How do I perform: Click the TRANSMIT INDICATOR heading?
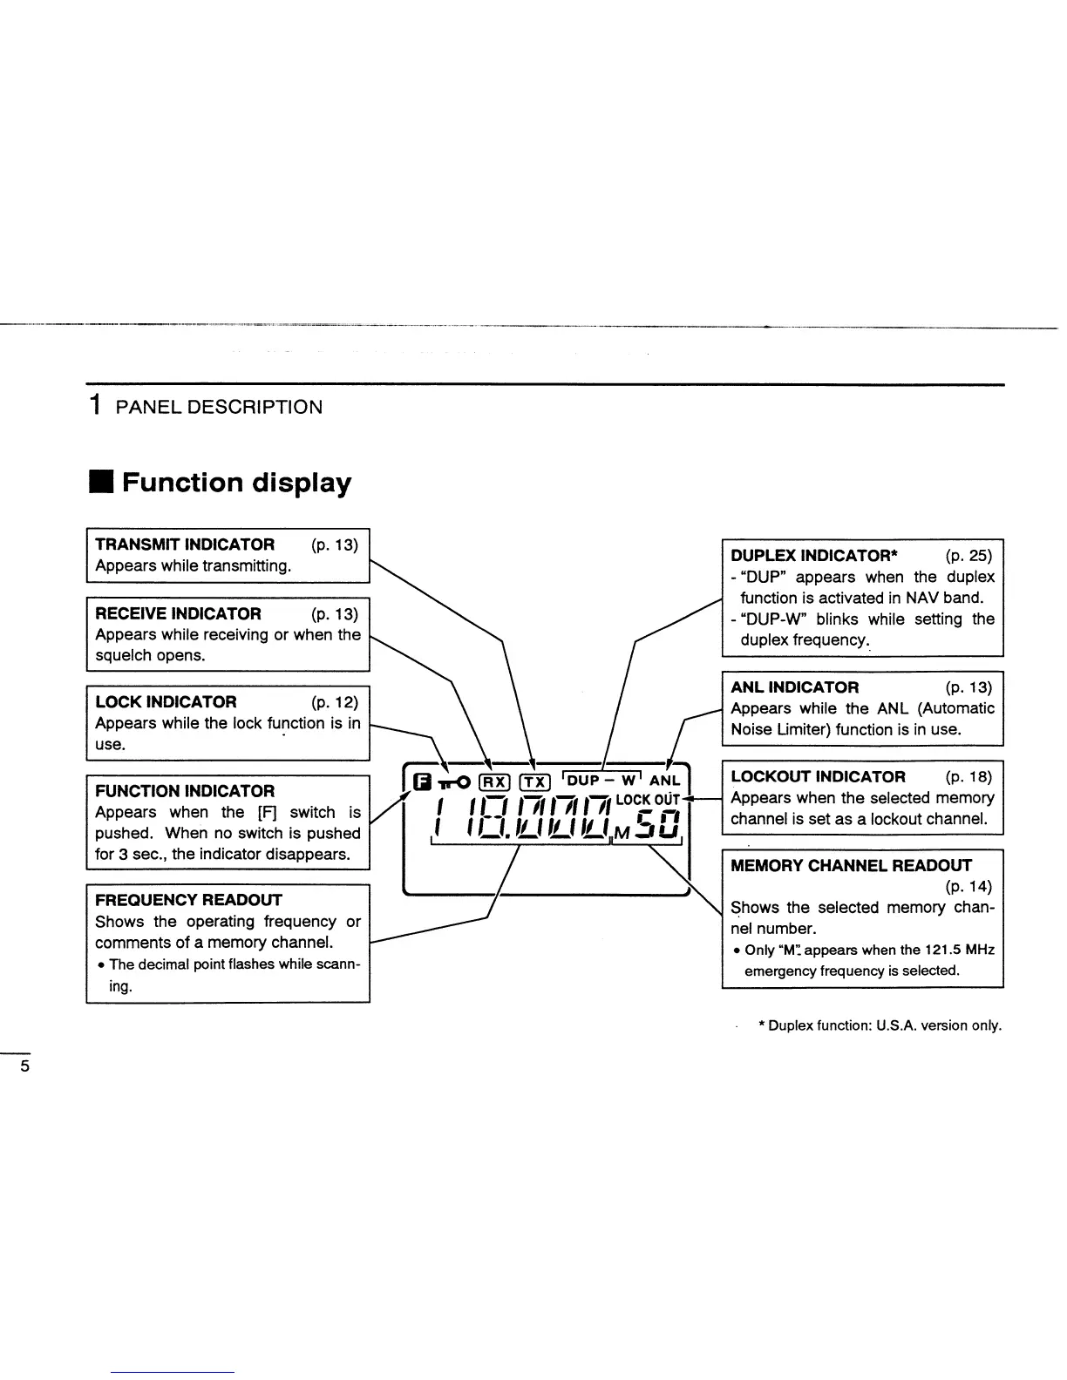tap(185, 545)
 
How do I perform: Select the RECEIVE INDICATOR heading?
tap(178, 614)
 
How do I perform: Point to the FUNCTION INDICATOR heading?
tap(185, 791)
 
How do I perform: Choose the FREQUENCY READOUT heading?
tap(188, 900)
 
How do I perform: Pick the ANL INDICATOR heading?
tap(794, 687)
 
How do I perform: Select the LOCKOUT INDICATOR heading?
tap(818, 777)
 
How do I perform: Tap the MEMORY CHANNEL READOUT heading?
tap(851, 866)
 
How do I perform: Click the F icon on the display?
tap(424, 781)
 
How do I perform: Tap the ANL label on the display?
tap(664, 781)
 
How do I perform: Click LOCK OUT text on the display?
tap(647, 800)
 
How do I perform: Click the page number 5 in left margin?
tap(24, 1066)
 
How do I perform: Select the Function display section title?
tap(236, 483)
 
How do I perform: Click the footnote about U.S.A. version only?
tap(880, 1025)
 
